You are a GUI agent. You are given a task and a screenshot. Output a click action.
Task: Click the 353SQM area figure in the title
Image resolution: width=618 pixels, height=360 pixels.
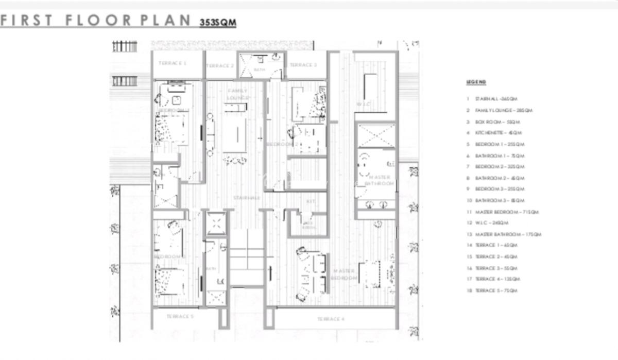tap(217, 23)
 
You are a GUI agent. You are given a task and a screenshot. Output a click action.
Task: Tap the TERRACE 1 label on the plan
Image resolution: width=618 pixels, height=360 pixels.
tap(173, 63)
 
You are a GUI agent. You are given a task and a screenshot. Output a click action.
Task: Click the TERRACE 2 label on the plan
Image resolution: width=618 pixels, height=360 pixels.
tap(220, 66)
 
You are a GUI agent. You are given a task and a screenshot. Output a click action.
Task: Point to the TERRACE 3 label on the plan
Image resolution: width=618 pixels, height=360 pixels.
tap(303, 65)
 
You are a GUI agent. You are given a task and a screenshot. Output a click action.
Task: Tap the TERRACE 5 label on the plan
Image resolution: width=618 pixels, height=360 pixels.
tap(180, 316)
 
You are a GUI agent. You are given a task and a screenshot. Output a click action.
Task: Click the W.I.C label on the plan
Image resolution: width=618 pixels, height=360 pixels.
tap(363, 104)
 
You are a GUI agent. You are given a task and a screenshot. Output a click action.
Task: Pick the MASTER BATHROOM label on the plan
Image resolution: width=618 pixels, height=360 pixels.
tap(380, 180)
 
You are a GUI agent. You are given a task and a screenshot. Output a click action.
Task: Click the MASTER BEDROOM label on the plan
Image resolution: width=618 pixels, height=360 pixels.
tap(344, 274)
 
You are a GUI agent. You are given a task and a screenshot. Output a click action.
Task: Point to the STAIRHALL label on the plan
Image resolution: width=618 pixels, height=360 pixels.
tap(246, 198)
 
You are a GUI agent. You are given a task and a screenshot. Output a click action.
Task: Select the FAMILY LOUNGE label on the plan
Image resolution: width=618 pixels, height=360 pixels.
tap(237, 94)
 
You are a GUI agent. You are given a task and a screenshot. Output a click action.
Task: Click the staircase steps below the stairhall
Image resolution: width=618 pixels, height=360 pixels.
tap(247, 257)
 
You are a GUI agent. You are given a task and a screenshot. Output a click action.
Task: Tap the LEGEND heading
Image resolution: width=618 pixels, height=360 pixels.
tap(476, 82)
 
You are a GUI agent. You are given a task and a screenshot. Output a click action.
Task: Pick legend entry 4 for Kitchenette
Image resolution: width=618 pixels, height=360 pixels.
tap(492, 132)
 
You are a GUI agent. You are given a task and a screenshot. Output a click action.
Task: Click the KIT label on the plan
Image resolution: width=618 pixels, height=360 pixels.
tap(311, 201)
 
